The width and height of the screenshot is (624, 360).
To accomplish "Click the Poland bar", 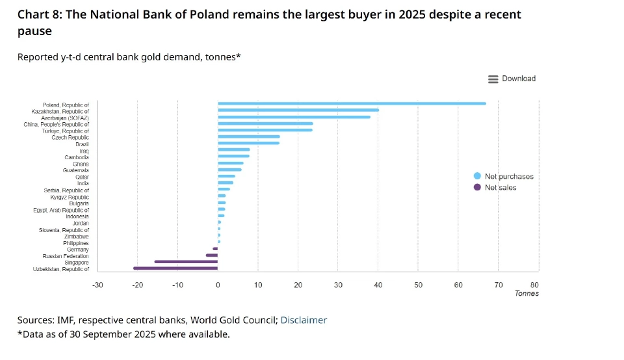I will [x=351, y=103].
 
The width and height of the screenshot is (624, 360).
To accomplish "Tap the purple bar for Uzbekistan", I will [x=175, y=268].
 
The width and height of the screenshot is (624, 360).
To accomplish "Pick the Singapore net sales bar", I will [x=186, y=262].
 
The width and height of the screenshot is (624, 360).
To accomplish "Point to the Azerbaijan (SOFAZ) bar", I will [x=294, y=117].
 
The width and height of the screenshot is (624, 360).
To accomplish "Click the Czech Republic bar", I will [x=248, y=136].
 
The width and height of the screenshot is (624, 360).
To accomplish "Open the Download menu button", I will [x=512, y=79].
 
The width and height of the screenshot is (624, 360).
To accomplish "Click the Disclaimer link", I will [x=304, y=320].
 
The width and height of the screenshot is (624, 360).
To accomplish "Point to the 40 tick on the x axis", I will [x=378, y=285].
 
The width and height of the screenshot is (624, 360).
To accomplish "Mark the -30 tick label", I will [x=97, y=285].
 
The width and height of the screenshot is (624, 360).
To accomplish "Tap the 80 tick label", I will [x=534, y=285].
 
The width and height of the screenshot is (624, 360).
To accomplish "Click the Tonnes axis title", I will [x=526, y=293].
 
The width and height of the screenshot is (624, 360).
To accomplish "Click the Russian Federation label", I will [x=66, y=256].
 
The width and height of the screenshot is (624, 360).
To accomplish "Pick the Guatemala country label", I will [x=76, y=170].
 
